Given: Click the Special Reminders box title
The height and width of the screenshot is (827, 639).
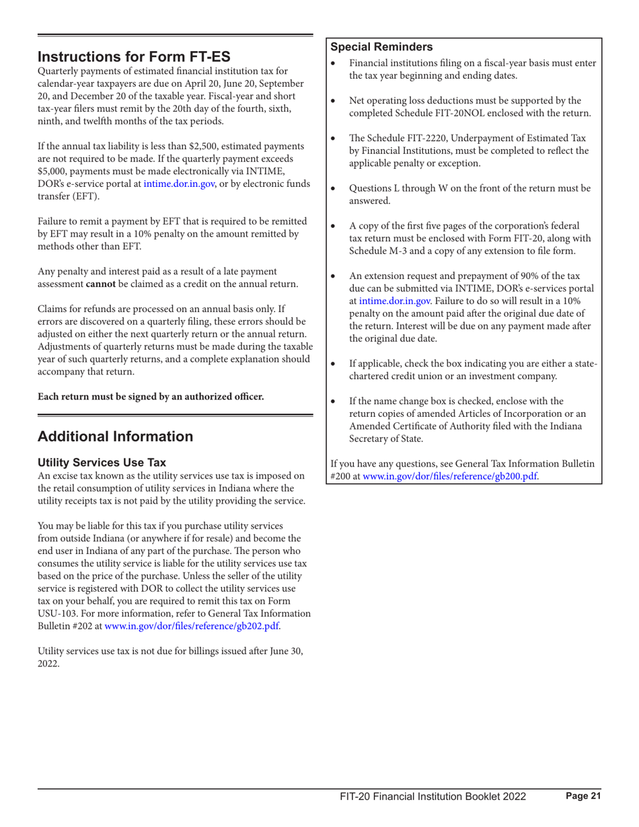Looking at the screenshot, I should click(x=381, y=47).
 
